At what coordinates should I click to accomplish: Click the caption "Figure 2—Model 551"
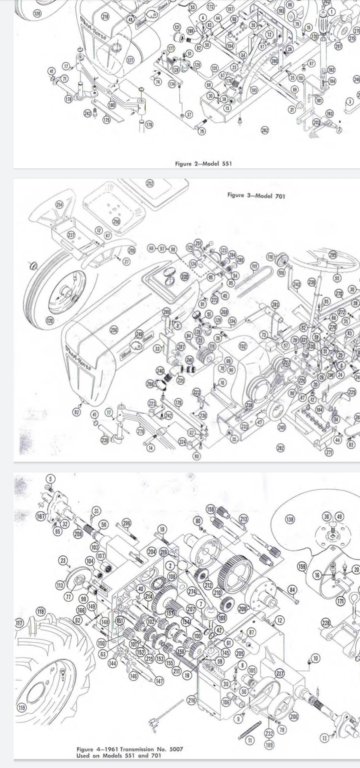(203, 162)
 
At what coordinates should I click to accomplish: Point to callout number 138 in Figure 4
(290, 519)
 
